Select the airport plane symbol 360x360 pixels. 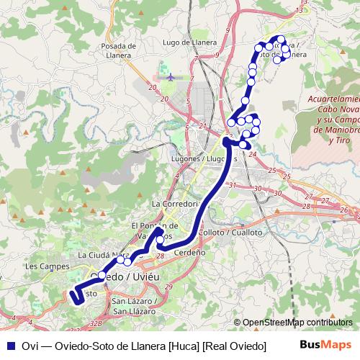tap(170, 75)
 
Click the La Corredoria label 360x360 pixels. tap(174, 204)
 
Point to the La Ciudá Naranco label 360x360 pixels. tap(105, 255)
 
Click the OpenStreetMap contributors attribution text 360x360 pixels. tap(298, 323)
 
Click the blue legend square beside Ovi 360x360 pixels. tap(9, 346)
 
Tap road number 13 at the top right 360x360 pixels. tap(299, 11)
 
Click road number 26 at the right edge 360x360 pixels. tap(344, 210)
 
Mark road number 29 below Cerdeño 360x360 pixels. tap(168, 287)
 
